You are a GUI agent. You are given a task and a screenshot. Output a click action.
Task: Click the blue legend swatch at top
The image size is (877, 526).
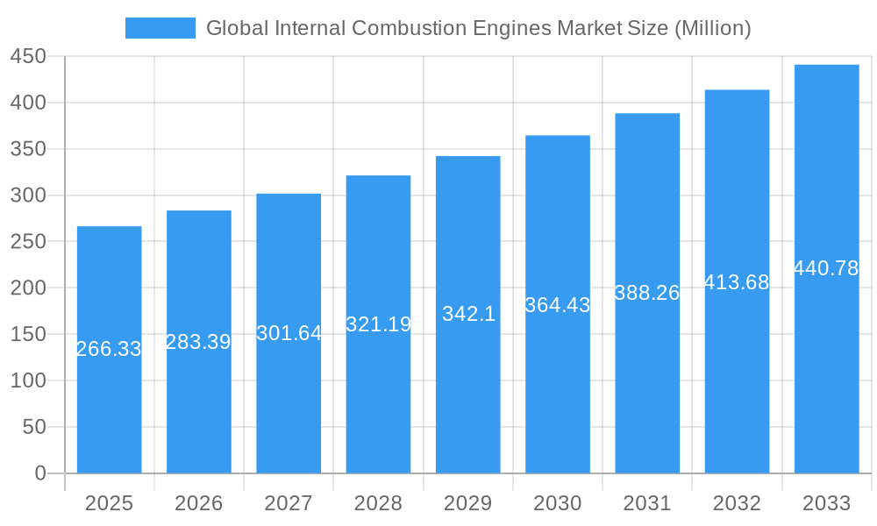tap(160, 28)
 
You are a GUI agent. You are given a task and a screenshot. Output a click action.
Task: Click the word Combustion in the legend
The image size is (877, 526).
tap(398, 28)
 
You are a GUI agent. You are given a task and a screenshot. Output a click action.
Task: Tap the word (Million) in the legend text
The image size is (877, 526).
tap(711, 28)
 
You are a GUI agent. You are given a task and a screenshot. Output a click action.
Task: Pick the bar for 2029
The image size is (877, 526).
tap(467, 394)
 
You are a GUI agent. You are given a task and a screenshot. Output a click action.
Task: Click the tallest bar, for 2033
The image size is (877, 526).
tap(826, 368)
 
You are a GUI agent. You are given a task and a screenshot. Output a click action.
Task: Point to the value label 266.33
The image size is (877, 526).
tap(109, 349)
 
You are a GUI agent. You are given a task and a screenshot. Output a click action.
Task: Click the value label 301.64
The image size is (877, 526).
tap(289, 333)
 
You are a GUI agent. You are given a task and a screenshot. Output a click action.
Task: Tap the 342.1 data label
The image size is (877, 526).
tap(468, 314)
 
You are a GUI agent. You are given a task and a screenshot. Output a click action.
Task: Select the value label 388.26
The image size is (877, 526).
tap(647, 293)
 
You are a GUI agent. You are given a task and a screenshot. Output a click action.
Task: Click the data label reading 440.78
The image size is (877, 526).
tap(826, 268)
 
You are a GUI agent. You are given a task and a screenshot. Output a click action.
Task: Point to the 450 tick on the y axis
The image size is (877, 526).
tap(28, 56)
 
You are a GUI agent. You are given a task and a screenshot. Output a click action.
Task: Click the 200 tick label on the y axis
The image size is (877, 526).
tap(28, 288)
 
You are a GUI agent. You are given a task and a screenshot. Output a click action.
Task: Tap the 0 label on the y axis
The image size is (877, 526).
tap(40, 473)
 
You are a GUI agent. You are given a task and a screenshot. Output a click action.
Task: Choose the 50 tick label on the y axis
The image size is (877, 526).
tap(34, 427)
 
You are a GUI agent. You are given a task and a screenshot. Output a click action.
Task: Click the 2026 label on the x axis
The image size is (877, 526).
tap(199, 503)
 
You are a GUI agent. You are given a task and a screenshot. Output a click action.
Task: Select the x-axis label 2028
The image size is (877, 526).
tap(378, 503)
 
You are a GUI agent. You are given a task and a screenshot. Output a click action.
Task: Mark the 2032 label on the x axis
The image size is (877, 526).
tap(737, 503)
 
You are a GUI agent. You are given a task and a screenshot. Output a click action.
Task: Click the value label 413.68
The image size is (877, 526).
tap(737, 282)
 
